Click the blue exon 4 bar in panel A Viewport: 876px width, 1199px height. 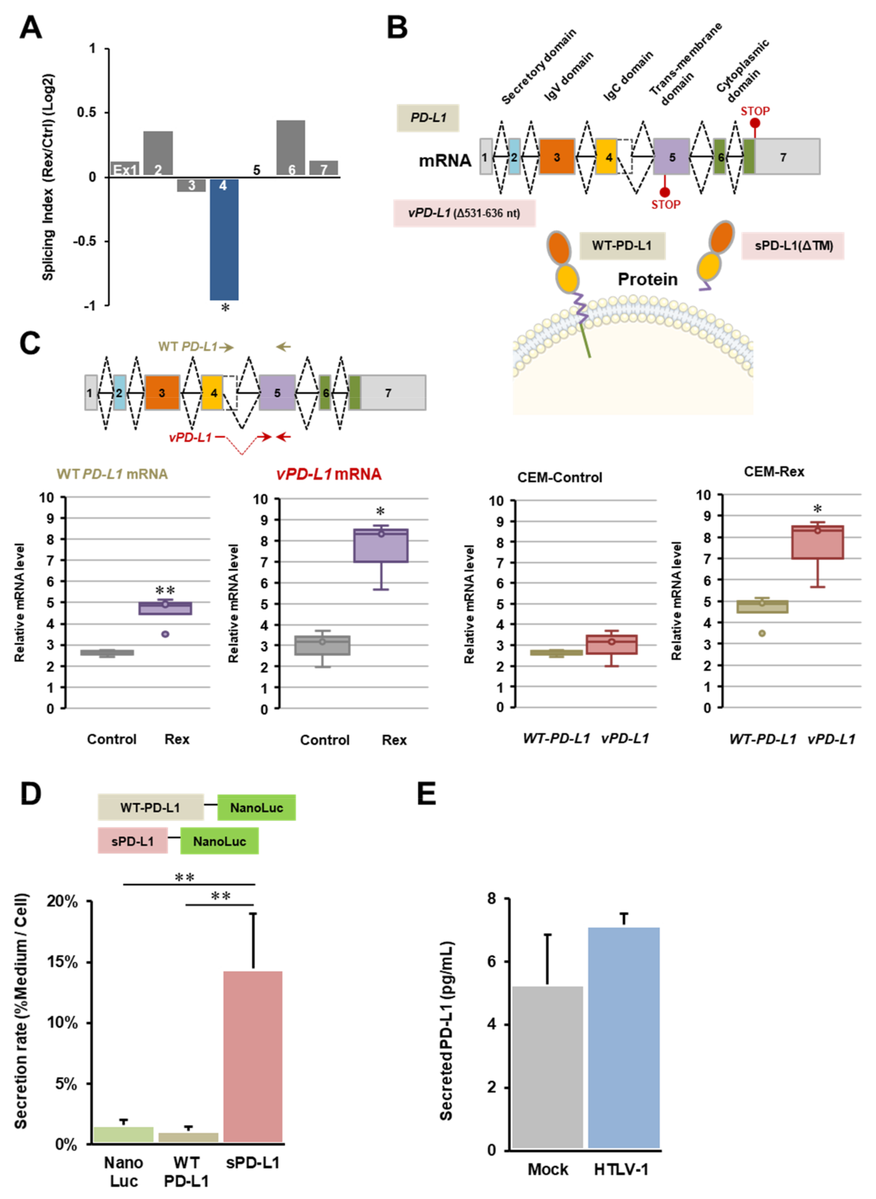click(x=224, y=240)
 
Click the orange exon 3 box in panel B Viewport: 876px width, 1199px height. click(x=557, y=157)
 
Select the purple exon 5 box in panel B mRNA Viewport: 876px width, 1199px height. click(x=671, y=157)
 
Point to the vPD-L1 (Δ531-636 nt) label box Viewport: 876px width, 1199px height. click(x=464, y=213)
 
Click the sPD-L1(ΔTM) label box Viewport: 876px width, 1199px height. click(x=793, y=246)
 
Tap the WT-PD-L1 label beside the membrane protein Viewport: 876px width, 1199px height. click(x=622, y=246)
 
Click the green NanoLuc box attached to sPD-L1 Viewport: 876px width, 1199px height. click(x=220, y=841)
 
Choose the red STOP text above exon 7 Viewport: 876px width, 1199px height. click(x=755, y=111)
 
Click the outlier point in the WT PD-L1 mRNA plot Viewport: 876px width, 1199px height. click(x=165, y=634)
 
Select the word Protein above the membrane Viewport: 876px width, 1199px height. click(x=648, y=279)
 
